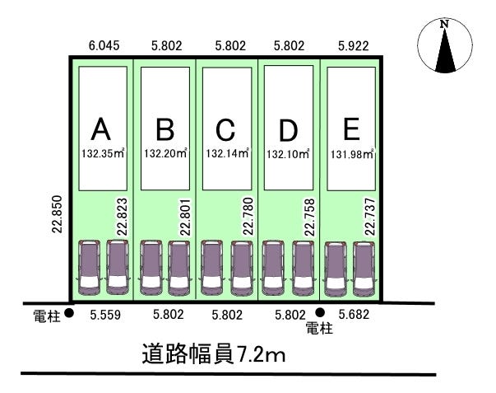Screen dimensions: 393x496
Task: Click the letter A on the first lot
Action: pos(100,129)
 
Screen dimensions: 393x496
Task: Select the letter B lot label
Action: pos(165,129)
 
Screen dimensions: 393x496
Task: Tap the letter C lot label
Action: pos(226,129)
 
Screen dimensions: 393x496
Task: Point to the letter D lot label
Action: pos(288,130)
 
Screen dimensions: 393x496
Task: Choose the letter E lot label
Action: pos(351,129)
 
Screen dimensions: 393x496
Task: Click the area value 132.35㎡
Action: pos(102,152)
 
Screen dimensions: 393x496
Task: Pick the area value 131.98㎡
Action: pos(351,152)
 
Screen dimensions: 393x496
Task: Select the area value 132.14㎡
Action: pos(226,152)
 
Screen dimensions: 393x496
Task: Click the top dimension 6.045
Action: pos(104,47)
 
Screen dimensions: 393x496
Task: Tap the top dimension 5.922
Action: pos(355,47)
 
